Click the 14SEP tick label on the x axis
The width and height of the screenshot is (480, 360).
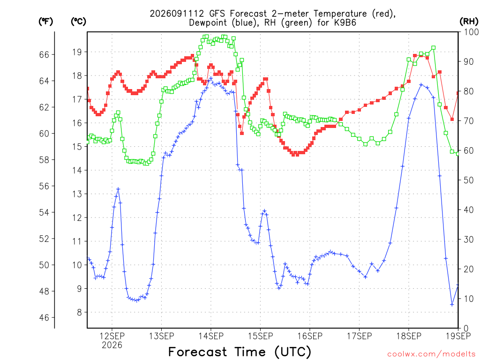tap(211, 336)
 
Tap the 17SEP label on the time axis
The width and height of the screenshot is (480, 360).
tap(360, 336)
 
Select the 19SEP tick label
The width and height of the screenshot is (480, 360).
tap(458, 336)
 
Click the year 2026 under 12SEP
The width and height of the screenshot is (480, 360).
tap(112, 345)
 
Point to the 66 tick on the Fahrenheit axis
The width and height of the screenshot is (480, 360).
tap(44, 54)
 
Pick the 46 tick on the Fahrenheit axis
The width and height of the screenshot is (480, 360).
tap(44, 317)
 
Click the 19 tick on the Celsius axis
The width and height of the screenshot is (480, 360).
tap(77, 52)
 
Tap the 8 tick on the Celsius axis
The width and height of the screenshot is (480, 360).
tap(80, 313)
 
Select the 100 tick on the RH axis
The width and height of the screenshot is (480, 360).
tap(471, 32)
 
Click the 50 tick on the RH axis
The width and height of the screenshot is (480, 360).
tap(468, 180)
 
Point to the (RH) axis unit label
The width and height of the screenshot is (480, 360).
tap(469, 22)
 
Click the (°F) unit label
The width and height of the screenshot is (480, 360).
tap(45, 22)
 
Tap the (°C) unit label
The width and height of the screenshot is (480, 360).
tap(78, 22)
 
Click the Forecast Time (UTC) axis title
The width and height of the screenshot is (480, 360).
tap(240, 352)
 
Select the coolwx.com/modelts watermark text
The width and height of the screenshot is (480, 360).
tap(431, 354)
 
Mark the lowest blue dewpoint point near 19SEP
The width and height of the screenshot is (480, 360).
tap(452, 305)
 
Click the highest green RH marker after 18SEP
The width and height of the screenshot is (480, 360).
tap(434, 48)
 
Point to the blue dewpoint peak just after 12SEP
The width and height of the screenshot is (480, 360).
tap(118, 189)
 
